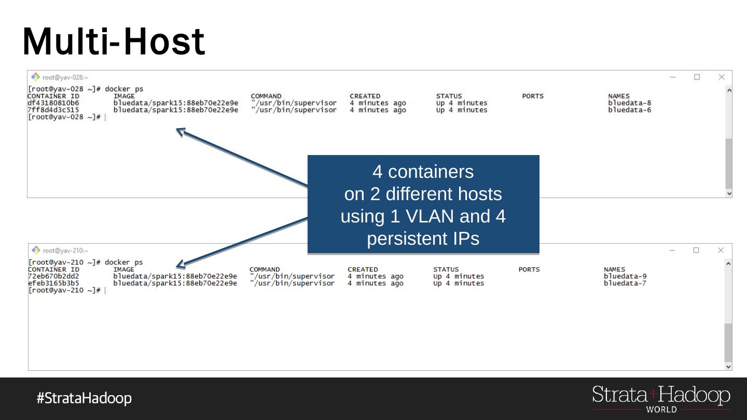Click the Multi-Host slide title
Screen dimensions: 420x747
114,41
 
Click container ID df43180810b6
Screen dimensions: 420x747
53,103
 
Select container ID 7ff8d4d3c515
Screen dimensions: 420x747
53,110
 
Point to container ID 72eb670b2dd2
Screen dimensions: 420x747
53,276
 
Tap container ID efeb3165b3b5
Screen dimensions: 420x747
53,283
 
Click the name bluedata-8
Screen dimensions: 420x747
629,103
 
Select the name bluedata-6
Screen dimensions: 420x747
629,110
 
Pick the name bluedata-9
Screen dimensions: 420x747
625,276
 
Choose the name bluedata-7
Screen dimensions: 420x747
625,283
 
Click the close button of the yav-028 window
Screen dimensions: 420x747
721,77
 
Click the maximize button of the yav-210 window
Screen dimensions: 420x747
696,250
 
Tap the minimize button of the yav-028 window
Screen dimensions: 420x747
673,77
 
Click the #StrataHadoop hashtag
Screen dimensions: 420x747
84,398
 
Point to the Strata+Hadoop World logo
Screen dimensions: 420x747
661,399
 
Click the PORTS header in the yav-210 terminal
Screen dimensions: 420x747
529,269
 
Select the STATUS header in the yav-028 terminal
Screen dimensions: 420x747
449,96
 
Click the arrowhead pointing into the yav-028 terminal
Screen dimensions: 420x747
181,131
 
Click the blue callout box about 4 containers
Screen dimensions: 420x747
423,204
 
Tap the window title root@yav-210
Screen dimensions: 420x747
65,250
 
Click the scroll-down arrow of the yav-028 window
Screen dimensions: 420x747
729,193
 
